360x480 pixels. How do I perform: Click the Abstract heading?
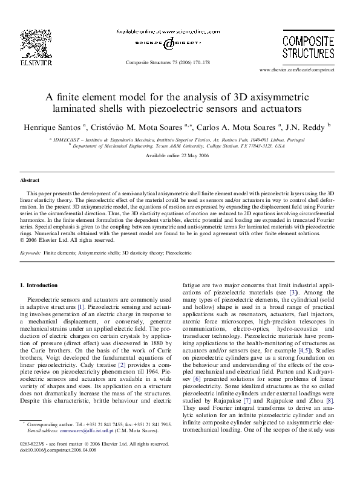click(30, 181)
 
